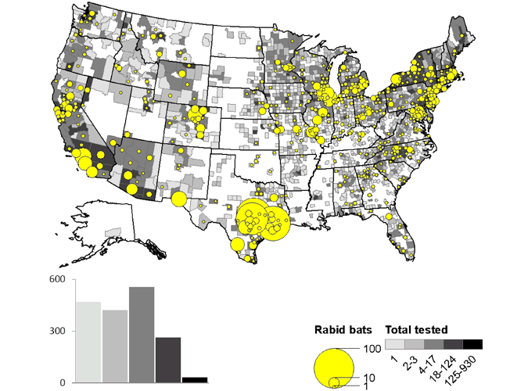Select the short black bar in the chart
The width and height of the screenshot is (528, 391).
click(195, 380)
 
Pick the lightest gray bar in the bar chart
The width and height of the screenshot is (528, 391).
click(88, 342)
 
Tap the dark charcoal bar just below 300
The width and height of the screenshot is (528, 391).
click(168, 360)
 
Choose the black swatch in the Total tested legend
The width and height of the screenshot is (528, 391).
click(472, 344)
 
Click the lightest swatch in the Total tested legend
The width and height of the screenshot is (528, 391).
click(393, 344)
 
